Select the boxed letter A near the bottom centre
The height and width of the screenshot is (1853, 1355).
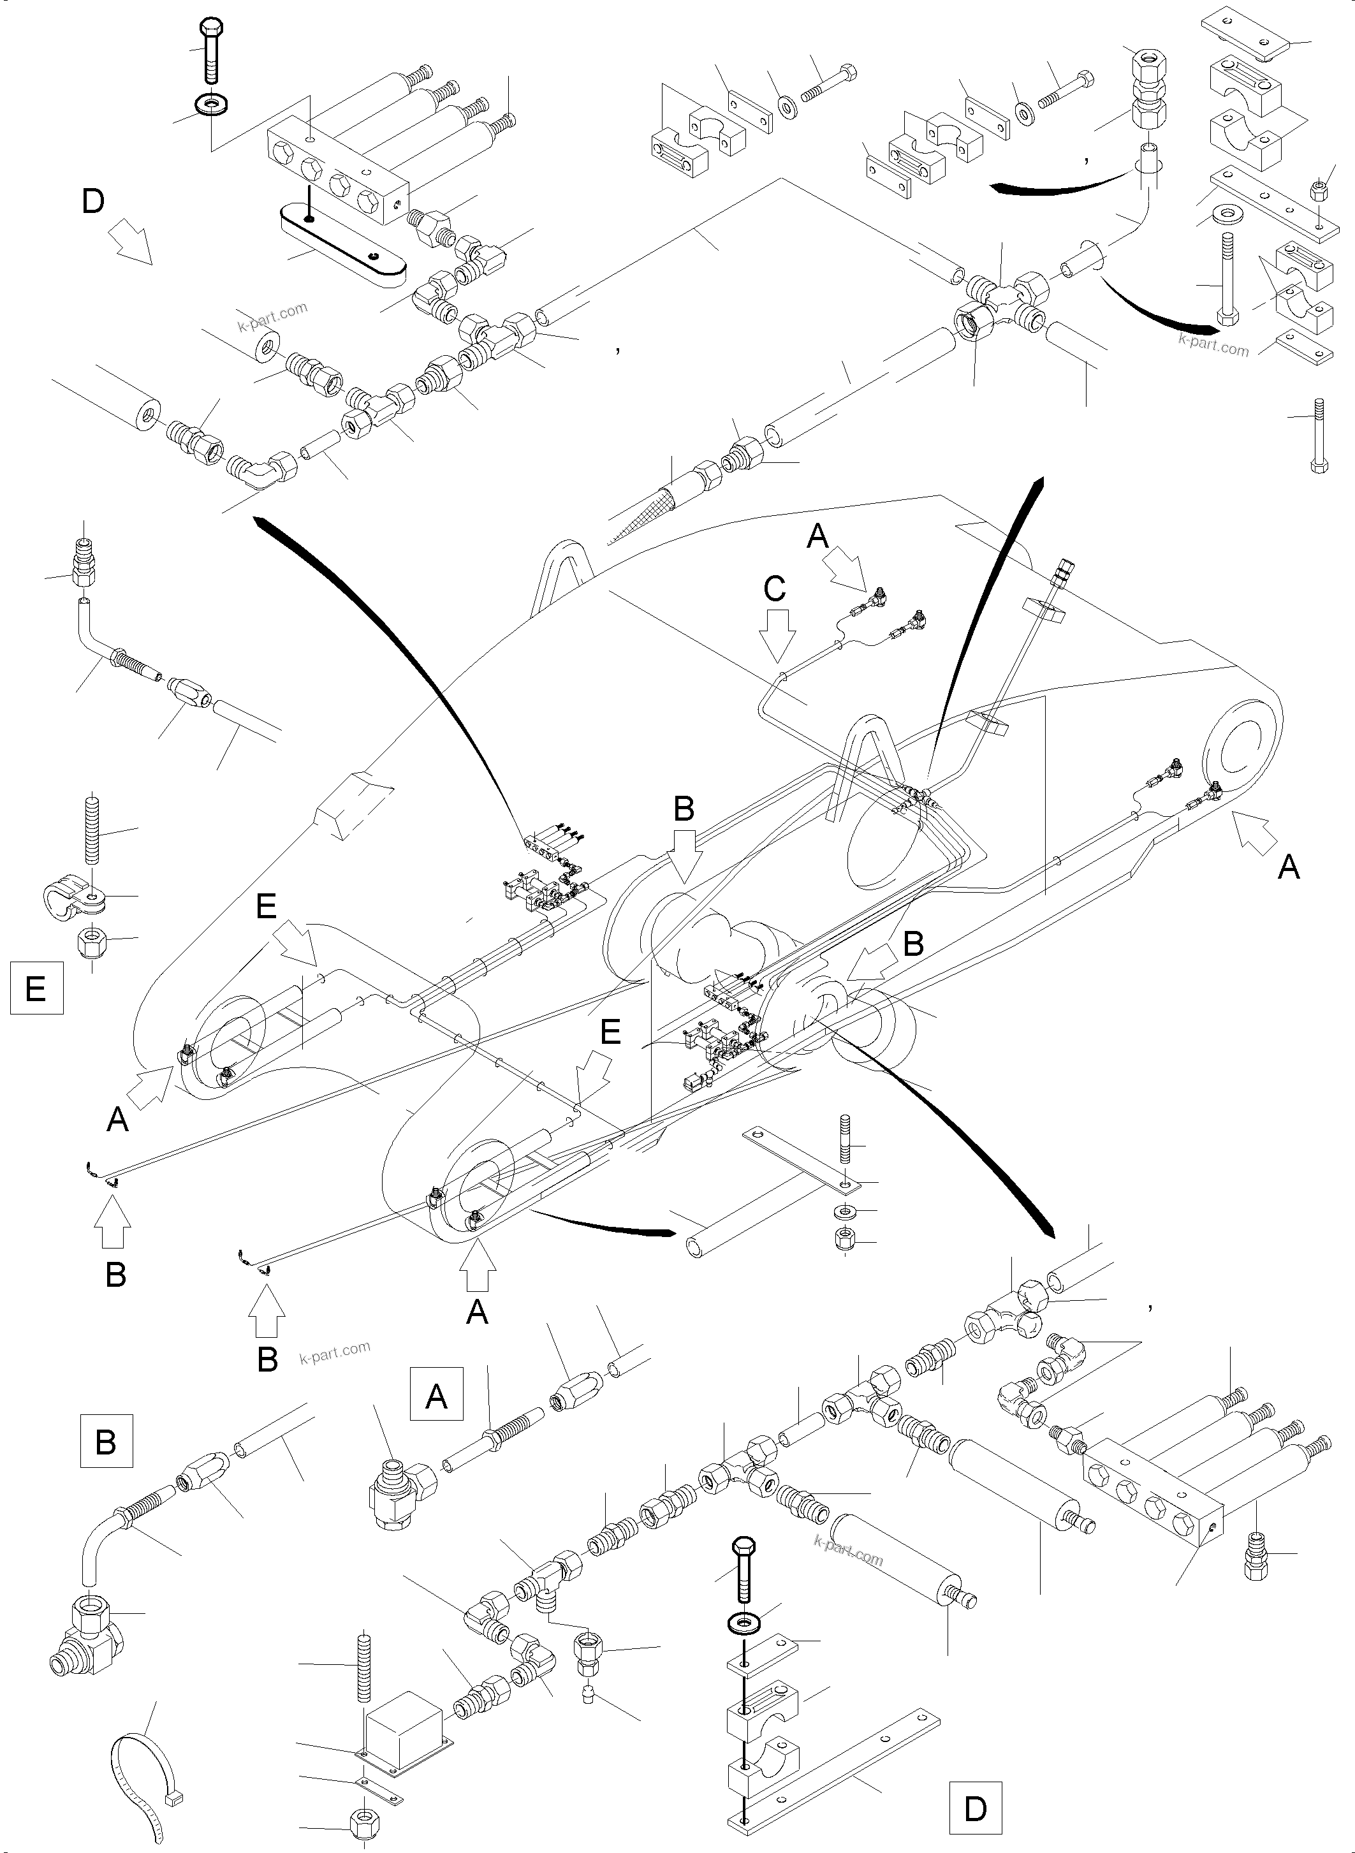pyautogui.click(x=436, y=1393)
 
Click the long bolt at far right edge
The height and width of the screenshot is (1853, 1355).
pyautogui.click(x=1318, y=436)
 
